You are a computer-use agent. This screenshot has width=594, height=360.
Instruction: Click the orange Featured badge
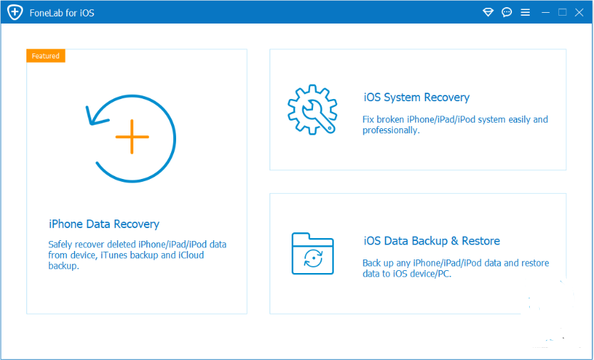tap(46, 56)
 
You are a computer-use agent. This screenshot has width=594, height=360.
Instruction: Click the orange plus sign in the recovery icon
tap(132, 137)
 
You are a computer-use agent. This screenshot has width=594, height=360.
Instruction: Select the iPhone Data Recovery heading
tap(104, 224)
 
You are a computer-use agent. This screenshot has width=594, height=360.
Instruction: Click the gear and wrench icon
tap(312, 109)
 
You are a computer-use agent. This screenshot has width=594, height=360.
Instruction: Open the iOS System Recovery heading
tap(416, 97)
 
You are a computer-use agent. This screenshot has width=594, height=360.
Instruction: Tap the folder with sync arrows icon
tap(312, 253)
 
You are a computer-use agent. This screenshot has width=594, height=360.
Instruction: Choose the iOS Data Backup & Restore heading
tap(431, 241)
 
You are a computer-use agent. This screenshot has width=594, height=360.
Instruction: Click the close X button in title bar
tap(579, 13)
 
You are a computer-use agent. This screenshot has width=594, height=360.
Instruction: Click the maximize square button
tap(562, 13)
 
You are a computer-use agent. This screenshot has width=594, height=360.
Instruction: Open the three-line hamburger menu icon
tap(525, 13)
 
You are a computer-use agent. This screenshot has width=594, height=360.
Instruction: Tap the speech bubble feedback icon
tap(506, 13)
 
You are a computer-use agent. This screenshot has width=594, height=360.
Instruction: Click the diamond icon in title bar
tap(488, 13)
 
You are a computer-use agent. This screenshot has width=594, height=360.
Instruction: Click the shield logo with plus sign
tap(15, 13)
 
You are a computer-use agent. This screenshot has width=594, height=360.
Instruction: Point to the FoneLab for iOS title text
tap(62, 13)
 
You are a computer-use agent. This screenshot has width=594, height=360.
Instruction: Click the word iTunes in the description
tap(113, 255)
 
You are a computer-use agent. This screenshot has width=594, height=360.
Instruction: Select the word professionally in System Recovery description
tap(391, 130)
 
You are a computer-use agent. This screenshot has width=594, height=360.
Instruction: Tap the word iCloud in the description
tap(191, 255)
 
